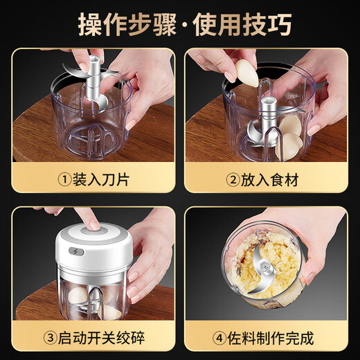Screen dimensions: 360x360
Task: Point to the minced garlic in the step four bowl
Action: coord(277,263)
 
